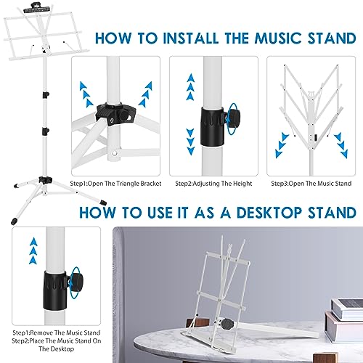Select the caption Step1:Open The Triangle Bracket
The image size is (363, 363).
115,184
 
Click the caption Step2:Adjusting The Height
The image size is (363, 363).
213,184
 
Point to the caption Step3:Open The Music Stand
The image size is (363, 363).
311,184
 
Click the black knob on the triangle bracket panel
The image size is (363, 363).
124,117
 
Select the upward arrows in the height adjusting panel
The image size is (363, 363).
191,86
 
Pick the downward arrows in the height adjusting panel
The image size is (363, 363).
191,142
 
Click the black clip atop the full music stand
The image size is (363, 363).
37,8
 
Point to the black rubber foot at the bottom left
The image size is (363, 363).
15,221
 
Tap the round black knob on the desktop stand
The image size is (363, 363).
227,324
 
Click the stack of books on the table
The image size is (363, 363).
346,319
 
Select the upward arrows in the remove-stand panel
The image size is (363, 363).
33,250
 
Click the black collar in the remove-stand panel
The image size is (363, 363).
55,290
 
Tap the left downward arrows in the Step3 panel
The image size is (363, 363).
282,145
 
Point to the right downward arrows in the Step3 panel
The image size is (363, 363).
341,145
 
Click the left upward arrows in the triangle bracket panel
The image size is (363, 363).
86,94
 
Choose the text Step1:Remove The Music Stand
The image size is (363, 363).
57,333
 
